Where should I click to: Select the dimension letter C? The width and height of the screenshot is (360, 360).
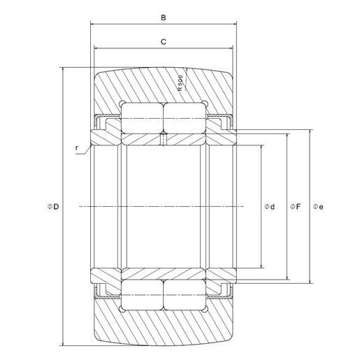click(163, 42)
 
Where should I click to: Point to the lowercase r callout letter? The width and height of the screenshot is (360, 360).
click(78, 147)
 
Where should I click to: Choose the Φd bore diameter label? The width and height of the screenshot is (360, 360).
click(269, 206)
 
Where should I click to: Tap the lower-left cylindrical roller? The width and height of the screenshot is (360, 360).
click(143, 294)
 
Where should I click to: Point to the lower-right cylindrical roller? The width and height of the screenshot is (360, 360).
click(184, 294)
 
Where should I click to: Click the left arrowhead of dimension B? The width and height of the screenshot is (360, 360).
click(92, 25)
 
